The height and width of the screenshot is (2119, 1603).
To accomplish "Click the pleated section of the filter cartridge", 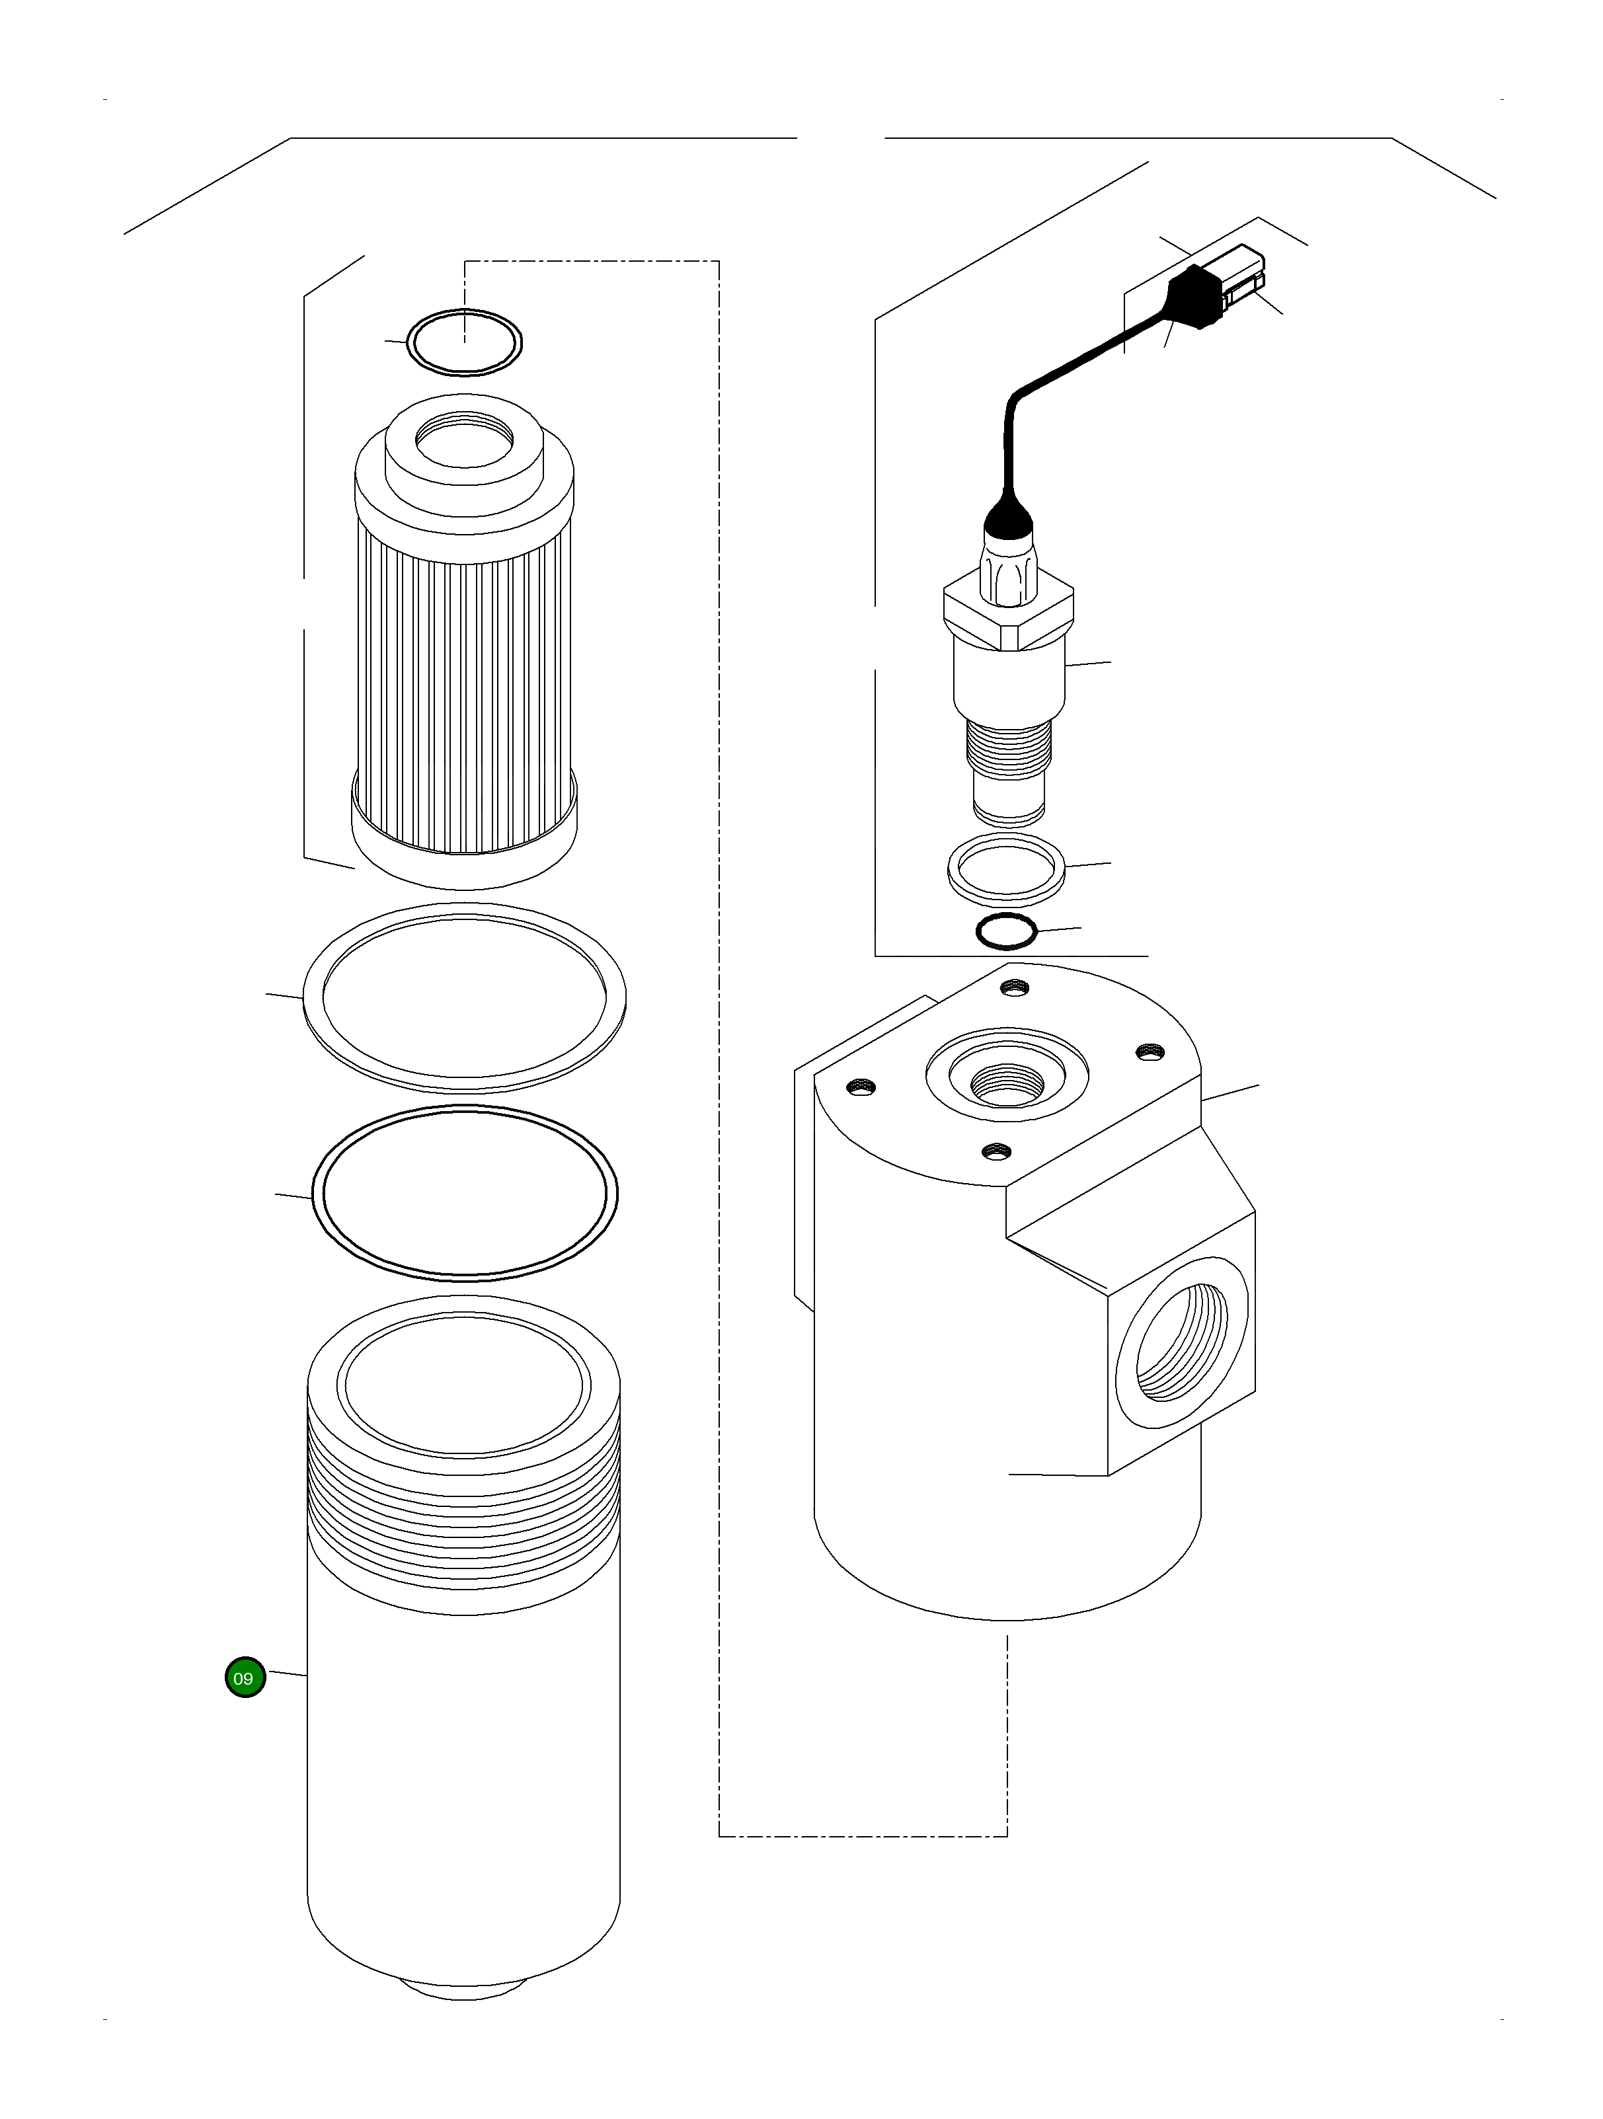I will pos(464,690).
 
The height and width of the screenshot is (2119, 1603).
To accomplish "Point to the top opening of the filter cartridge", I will pos(465,441).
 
